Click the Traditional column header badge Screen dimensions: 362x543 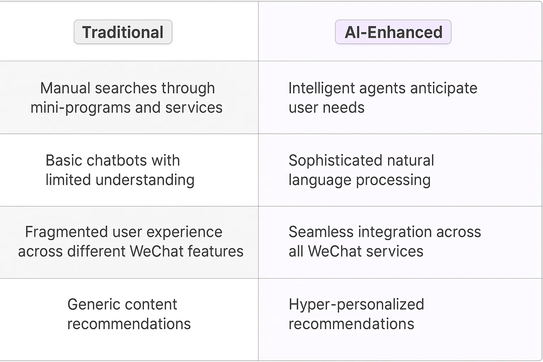(x=123, y=32)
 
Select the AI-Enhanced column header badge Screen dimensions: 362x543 (x=393, y=32)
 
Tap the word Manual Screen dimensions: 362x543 (x=65, y=88)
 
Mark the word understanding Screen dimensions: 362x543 (x=145, y=180)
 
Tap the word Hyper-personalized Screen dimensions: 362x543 (x=356, y=304)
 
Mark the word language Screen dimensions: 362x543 (x=320, y=180)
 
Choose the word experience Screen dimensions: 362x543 (x=185, y=232)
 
